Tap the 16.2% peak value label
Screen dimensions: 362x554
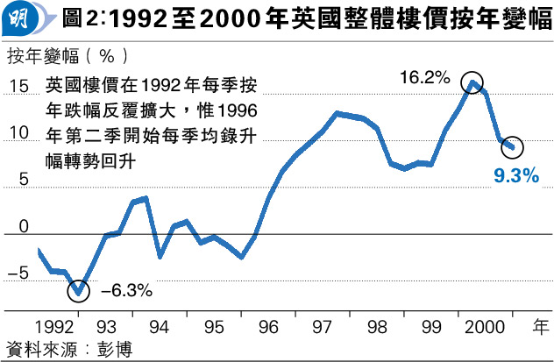[424, 77]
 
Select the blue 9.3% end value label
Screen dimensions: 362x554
[515, 176]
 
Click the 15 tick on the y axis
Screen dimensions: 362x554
[19, 86]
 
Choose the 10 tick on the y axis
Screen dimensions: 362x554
[19, 133]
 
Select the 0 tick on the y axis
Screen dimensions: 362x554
[24, 227]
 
